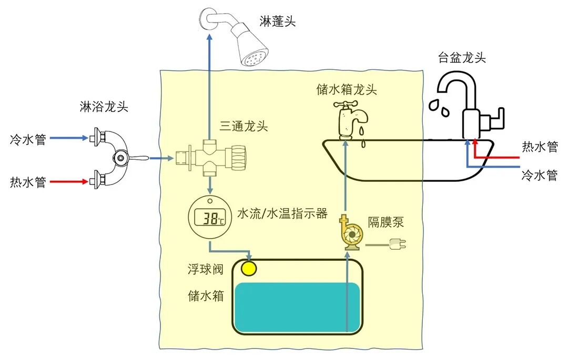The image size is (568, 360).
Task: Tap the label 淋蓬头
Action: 278,22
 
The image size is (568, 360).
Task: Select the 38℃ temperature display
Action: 210,217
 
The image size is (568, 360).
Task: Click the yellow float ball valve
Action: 249,268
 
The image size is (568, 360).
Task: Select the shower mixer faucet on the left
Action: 115,157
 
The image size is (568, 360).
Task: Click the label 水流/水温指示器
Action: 282,213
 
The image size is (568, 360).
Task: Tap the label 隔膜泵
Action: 386,222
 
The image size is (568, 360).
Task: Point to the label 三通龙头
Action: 244,126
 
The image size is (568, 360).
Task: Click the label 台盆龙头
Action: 462,58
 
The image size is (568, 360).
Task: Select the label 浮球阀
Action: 206,270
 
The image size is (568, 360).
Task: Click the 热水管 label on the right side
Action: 540,147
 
